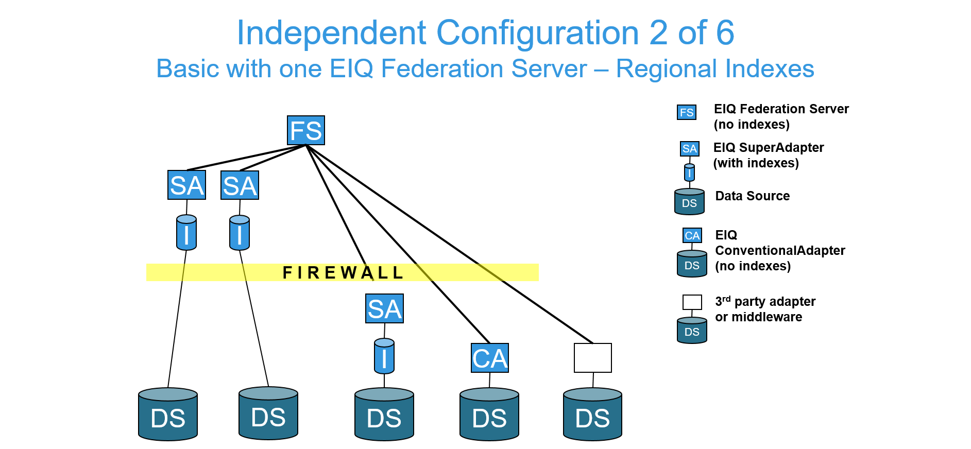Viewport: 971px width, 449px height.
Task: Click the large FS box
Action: [306, 130]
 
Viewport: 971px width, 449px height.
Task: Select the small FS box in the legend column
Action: [686, 112]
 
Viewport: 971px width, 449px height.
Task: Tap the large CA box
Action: [490, 358]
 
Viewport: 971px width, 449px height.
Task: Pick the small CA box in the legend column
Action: [692, 235]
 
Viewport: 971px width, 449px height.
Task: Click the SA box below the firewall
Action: [384, 308]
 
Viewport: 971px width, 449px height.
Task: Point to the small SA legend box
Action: [689, 149]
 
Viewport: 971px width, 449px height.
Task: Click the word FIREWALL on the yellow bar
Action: [343, 272]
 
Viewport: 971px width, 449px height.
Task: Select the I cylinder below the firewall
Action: [384, 356]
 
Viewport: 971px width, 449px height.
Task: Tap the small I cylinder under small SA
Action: [689, 172]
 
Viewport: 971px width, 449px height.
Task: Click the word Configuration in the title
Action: [538, 33]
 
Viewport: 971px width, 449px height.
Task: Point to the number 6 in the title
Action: [725, 33]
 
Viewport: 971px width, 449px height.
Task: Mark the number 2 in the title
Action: [658, 33]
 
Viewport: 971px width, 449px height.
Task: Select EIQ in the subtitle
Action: [351, 68]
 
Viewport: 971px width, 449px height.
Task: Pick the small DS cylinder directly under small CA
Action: [692, 264]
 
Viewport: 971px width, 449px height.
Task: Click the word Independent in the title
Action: [331, 33]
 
